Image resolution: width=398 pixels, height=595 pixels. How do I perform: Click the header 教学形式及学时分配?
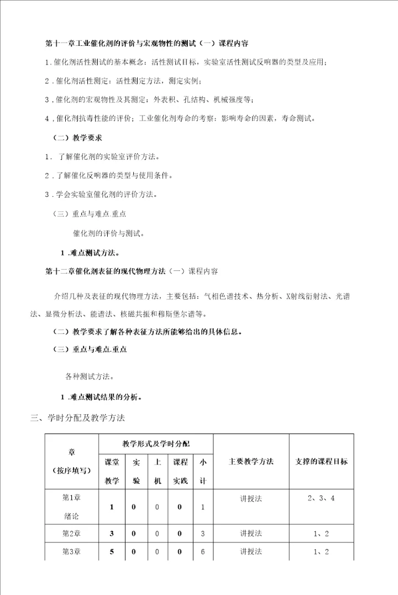[155, 444]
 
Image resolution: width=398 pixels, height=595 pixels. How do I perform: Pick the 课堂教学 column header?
[112, 471]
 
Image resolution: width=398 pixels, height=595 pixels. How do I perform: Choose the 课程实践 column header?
[180, 471]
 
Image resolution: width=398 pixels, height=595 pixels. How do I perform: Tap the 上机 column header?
[158, 471]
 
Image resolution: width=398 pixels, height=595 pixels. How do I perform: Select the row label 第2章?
[72, 534]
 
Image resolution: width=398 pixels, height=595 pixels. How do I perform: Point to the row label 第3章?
[72, 552]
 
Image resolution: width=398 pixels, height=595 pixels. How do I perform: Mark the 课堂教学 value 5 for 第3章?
[112, 552]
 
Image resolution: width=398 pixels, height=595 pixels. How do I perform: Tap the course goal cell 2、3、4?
[322, 498]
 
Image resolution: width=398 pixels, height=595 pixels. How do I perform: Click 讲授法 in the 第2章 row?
[251, 534]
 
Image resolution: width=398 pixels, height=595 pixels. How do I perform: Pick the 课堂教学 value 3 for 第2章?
[112, 534]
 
